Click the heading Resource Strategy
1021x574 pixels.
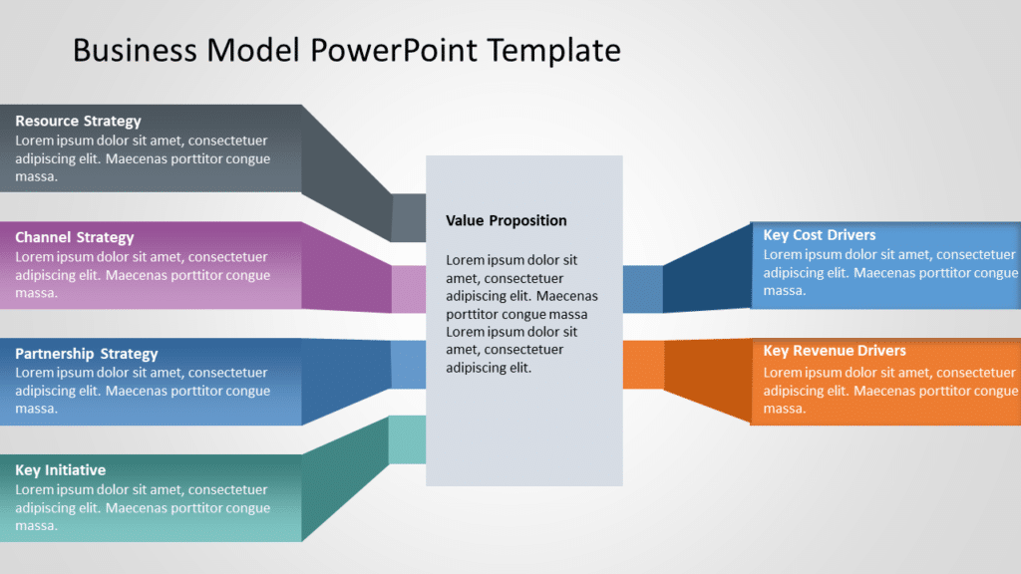pyautogui.click(x=78, y=122)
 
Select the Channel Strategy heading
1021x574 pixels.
pyautogui.click(x=74, y=237)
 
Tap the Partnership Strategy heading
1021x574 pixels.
pyautogui.click(x=87, y=354)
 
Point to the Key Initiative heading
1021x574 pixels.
pyautogui.click(x=60, y=470)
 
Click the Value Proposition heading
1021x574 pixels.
pyautogui.click(x=506, y=221)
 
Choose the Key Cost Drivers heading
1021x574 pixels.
pyautogui.click(x=819, y=235)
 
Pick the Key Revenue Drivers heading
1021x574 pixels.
pyautogui.click(x=834, y=351)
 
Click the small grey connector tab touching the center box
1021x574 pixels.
pyautogui.click(x=409, y=218)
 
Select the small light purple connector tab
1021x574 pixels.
pyautogui.click(x=409, y=289)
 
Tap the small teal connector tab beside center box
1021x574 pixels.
pyautogui.click(x=408, y=439)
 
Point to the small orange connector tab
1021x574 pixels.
pyautogui.click(x=643, y=365)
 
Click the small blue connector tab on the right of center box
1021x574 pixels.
pyautogui.click(x=643, y=289)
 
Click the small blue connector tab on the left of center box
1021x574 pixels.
pyautogui.click(x=409, y=365)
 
